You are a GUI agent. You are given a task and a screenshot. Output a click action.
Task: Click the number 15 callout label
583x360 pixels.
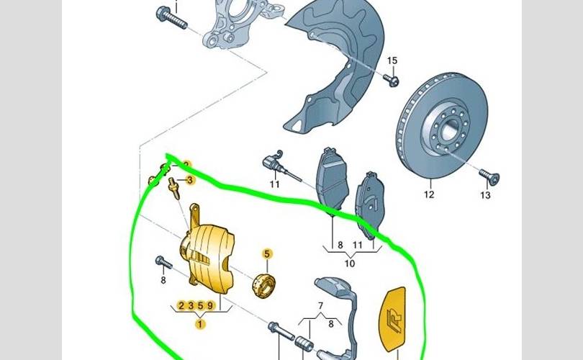[x=392, y=60]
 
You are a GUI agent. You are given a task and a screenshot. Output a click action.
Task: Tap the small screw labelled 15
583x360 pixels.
[x=391, y=78]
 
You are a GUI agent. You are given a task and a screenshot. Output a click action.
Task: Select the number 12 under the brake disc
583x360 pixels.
[x=429, y=194]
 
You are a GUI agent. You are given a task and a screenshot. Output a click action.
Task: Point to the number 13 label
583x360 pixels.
[x=485, y=195]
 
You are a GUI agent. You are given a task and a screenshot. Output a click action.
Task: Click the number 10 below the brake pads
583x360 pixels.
[x=350, y=264]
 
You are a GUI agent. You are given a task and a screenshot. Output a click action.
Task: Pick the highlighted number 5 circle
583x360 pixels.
[x=266, y=253]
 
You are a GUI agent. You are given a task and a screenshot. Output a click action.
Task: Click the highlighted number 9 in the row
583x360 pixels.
[x=209, y=306]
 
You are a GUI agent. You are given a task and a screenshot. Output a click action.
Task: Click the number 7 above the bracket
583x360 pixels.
[x=322, y=305]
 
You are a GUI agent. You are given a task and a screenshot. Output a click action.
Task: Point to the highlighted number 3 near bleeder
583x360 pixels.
[x=189, y=180]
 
